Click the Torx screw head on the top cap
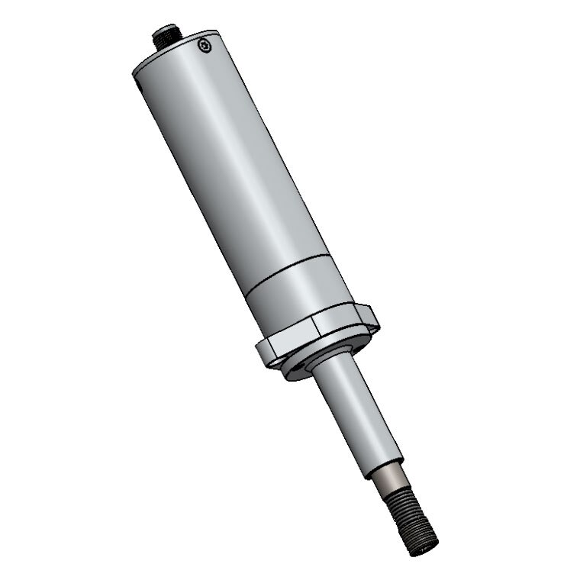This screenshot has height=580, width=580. (x=203, y=47)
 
